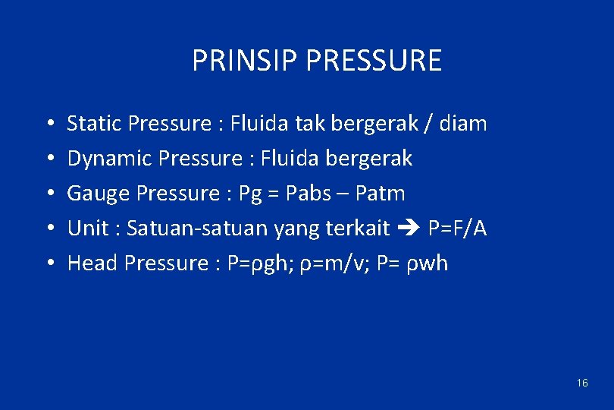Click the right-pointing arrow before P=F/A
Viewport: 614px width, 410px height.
coord(409,228)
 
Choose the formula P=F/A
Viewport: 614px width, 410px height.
coord(457,228)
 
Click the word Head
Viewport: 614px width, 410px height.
coord(92,263)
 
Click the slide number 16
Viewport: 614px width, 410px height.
coord(581,383)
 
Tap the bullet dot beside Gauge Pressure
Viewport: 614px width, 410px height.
coord(48,194)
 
